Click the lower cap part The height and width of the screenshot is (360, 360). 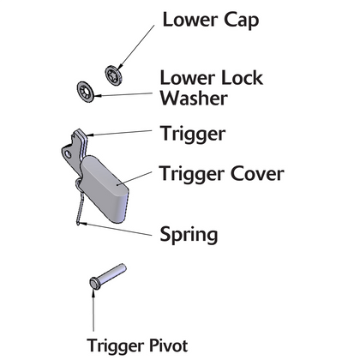pos(113,75)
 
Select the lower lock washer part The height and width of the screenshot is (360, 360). pos(86,92)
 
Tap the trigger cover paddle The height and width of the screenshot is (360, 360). pos(105,189)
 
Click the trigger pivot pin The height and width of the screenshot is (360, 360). pos(108,277)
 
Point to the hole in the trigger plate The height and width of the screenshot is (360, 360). pos(68,154)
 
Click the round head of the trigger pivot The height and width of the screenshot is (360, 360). pos(95,284)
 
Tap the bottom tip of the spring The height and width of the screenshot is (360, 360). pos(78,224)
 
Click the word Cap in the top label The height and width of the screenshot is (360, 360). pos(241,21)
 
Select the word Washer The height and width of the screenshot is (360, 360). pos(194,98)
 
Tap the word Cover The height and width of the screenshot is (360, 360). pos(257,173)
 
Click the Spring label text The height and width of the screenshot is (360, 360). pos(189,235)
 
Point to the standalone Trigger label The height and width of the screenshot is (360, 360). pos(193,134)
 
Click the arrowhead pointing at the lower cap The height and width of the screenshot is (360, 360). pos(119,67)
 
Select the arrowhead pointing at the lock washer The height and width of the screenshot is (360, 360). pos(98,96)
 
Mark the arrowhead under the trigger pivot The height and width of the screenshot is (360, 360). pos(93,293)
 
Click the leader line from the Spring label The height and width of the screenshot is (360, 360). pos(116,230)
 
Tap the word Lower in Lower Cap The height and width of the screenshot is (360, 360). pos(190,20)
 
